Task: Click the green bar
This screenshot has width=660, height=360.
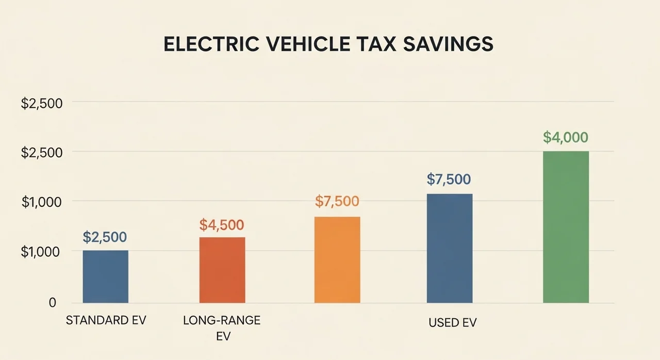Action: point(566,227)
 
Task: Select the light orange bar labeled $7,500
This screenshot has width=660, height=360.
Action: point(337,259)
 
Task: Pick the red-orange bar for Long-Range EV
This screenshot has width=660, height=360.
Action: point(222,270)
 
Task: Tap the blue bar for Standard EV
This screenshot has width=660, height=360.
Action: point(106,276)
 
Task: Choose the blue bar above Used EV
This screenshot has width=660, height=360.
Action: point(450,248)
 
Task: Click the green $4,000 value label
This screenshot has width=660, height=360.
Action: point(566,138)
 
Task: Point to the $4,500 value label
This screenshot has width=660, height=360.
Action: point(222,225)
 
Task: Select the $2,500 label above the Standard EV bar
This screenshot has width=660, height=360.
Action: point(105,237)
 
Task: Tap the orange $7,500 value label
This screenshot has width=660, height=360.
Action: point(337,201)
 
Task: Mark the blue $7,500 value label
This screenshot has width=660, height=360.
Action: point(449,179)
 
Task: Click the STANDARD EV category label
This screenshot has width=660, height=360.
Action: point(106,320)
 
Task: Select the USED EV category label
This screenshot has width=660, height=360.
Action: point(453,323)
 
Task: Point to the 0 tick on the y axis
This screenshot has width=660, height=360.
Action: point(53,303)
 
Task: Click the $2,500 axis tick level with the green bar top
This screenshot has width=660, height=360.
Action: point(42,153)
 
